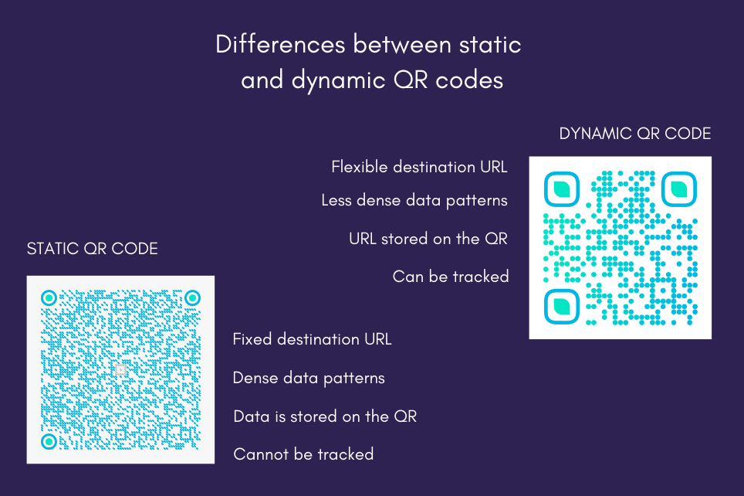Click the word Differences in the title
point(280,45)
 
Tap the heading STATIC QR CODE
point(93,249)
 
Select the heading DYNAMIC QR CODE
point(634,134)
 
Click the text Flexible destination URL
point(419,167)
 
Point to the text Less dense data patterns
point(414,201)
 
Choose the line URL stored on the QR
point(428,239)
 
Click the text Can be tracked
point(451,277)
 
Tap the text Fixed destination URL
point(312,339)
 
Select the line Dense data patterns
point(309,378)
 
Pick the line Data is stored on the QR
point(325,416)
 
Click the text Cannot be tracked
point(303,454)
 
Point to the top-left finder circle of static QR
point(49,297)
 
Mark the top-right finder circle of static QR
point(192,297)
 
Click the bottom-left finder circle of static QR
point(49,441)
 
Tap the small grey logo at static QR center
point(120,370)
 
